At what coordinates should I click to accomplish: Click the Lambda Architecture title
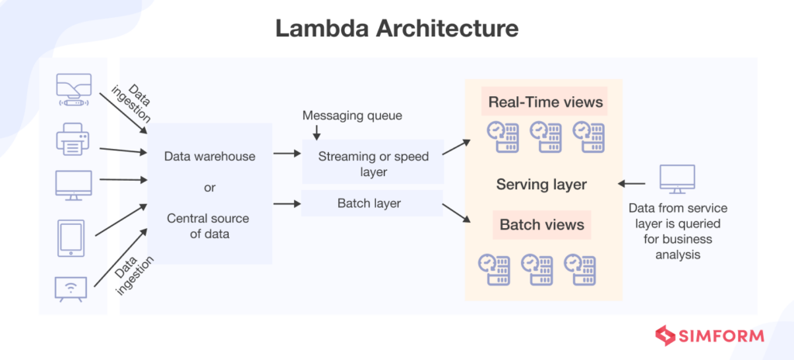(396, 29)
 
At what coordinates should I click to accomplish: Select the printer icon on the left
(74, 140)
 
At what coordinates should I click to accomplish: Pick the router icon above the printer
(74, 90)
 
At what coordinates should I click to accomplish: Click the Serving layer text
(541, 185)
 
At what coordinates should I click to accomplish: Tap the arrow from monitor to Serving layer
(633, 185)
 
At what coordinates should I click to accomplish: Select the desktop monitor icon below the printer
(74, 185)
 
